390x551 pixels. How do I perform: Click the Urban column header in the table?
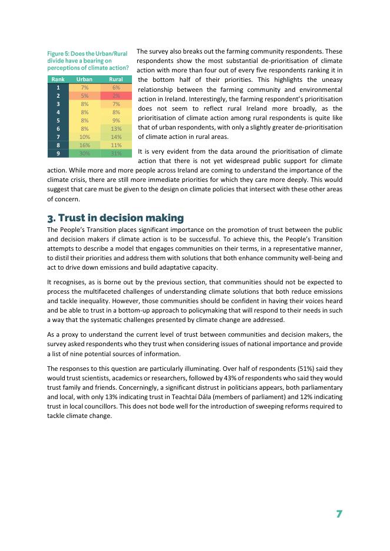pos(84,79)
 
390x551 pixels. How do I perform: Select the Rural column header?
pos(116,79)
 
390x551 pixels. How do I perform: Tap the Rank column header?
pos(58,79)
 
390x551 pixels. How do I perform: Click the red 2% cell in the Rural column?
pos(116,95)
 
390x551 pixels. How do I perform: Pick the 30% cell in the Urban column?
pos(84,153)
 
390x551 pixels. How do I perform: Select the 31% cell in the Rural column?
pos(116,153)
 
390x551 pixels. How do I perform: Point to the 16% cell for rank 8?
pos(84,145)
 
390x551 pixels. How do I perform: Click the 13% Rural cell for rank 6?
pos(116,128)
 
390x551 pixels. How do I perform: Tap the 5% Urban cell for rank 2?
pos(84,95)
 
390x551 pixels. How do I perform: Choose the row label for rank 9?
pos(58,153)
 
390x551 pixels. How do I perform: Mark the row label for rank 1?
pos(58,87)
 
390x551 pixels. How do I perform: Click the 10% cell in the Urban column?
pos(84,137)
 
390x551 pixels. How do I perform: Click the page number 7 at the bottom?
pos(339,514)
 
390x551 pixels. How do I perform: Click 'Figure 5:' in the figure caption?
pos(61,54)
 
